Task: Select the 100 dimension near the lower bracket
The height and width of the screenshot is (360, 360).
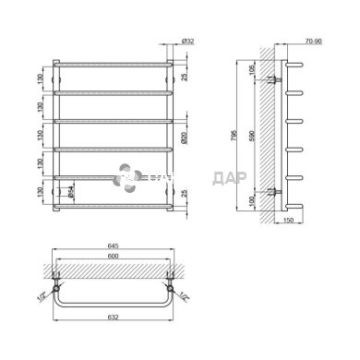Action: [255, 201]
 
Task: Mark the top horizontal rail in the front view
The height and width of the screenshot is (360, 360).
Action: [112, 65]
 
